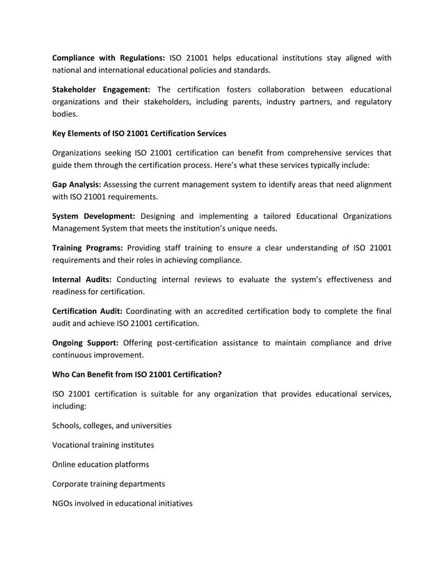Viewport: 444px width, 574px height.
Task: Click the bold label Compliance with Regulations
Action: pyautogui.click(x=109, y=58)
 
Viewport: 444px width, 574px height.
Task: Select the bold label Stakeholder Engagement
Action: pyautogui.click(x=101, y=89)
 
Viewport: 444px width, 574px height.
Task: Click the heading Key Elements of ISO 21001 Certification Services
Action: pyautogui.click(x=139, y=133)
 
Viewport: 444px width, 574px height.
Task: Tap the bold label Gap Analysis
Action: pyautogui.click(x=77, y=184)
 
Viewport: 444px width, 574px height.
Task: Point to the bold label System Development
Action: pyautogui.click(x=94, y=216)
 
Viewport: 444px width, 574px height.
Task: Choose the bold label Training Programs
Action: pyautogui.click(x=88, y=248)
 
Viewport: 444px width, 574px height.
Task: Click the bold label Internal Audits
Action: pyautogui.click(x=81, y=280)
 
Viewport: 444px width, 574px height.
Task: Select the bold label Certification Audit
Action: pyautogui.click(x=88, y=311)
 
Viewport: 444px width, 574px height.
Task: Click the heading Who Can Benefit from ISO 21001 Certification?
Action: pyautogui.click(x=137, y=374)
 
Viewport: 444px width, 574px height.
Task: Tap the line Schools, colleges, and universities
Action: pyautogui.click(x=112, y=425)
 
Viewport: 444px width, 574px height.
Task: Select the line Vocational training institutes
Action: pyautogui.click(x=104, y=445)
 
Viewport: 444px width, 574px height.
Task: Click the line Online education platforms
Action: pyautogui.click(x=101, y=464)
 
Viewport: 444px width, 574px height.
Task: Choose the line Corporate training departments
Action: pyautogui.click(x=108, y=484)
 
